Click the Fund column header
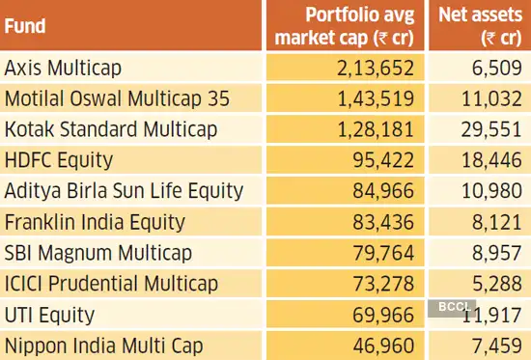click(x=26, y=27)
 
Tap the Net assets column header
click(x=478, y=26)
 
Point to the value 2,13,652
click(x=372, y=68)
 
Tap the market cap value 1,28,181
click(x=372, y=129)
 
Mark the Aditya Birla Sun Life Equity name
click(x=125, y=191)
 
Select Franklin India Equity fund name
click(x=95, y=222)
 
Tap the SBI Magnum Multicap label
click(x=98, y=253)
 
